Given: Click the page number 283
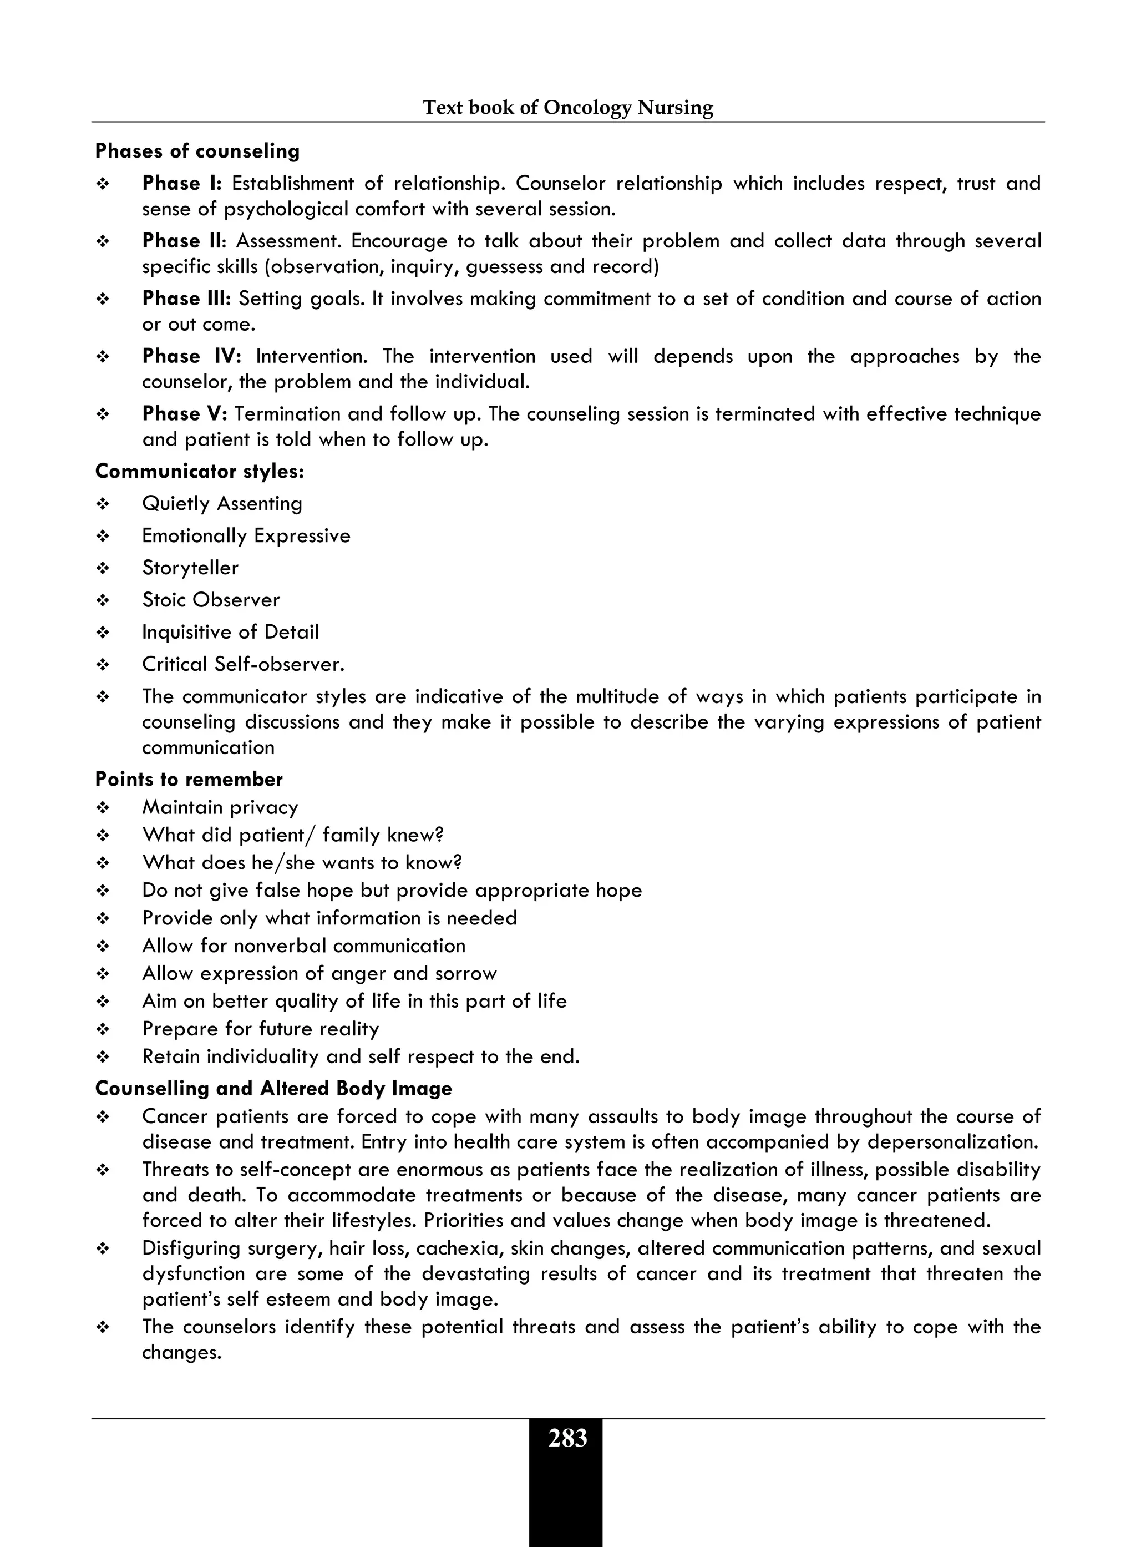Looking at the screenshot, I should [x=567, y=1438].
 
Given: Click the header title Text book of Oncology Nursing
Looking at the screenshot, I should [x=567, y=107].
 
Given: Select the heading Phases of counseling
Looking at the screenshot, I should [x=197, y=151].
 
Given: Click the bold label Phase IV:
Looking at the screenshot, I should [x=191, y=356].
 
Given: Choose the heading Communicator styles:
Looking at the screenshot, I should [x=200, y=471].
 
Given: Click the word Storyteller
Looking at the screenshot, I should [x=190, y=568].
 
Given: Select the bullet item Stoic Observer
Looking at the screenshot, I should [x=210, y=600].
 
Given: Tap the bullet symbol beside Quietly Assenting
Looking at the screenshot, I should [x=103, y=505].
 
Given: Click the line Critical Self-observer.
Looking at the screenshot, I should [x=243, y=665].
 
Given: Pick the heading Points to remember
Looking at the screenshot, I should [x=189, y=780].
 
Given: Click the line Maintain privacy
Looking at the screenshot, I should [x=220, y=807].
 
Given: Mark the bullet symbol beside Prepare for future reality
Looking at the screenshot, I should [x=103, y=1030].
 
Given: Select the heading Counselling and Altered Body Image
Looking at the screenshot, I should [x=273, y=1089].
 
